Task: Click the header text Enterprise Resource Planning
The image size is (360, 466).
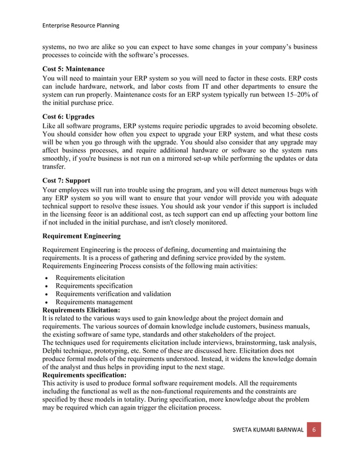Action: coord(81,25)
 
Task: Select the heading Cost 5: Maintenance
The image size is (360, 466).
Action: coord(73,69)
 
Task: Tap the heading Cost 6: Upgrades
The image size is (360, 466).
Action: coord(68,116)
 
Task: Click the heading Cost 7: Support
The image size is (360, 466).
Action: coord(66,180)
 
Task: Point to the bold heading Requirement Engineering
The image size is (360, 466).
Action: coord(81,236)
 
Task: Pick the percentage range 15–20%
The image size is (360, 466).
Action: coord(296,95)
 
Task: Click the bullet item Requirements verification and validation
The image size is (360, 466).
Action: coord(113,294)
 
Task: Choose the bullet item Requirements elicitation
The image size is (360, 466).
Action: coord(90,278)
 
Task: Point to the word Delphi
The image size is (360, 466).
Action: coord(54,351)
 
